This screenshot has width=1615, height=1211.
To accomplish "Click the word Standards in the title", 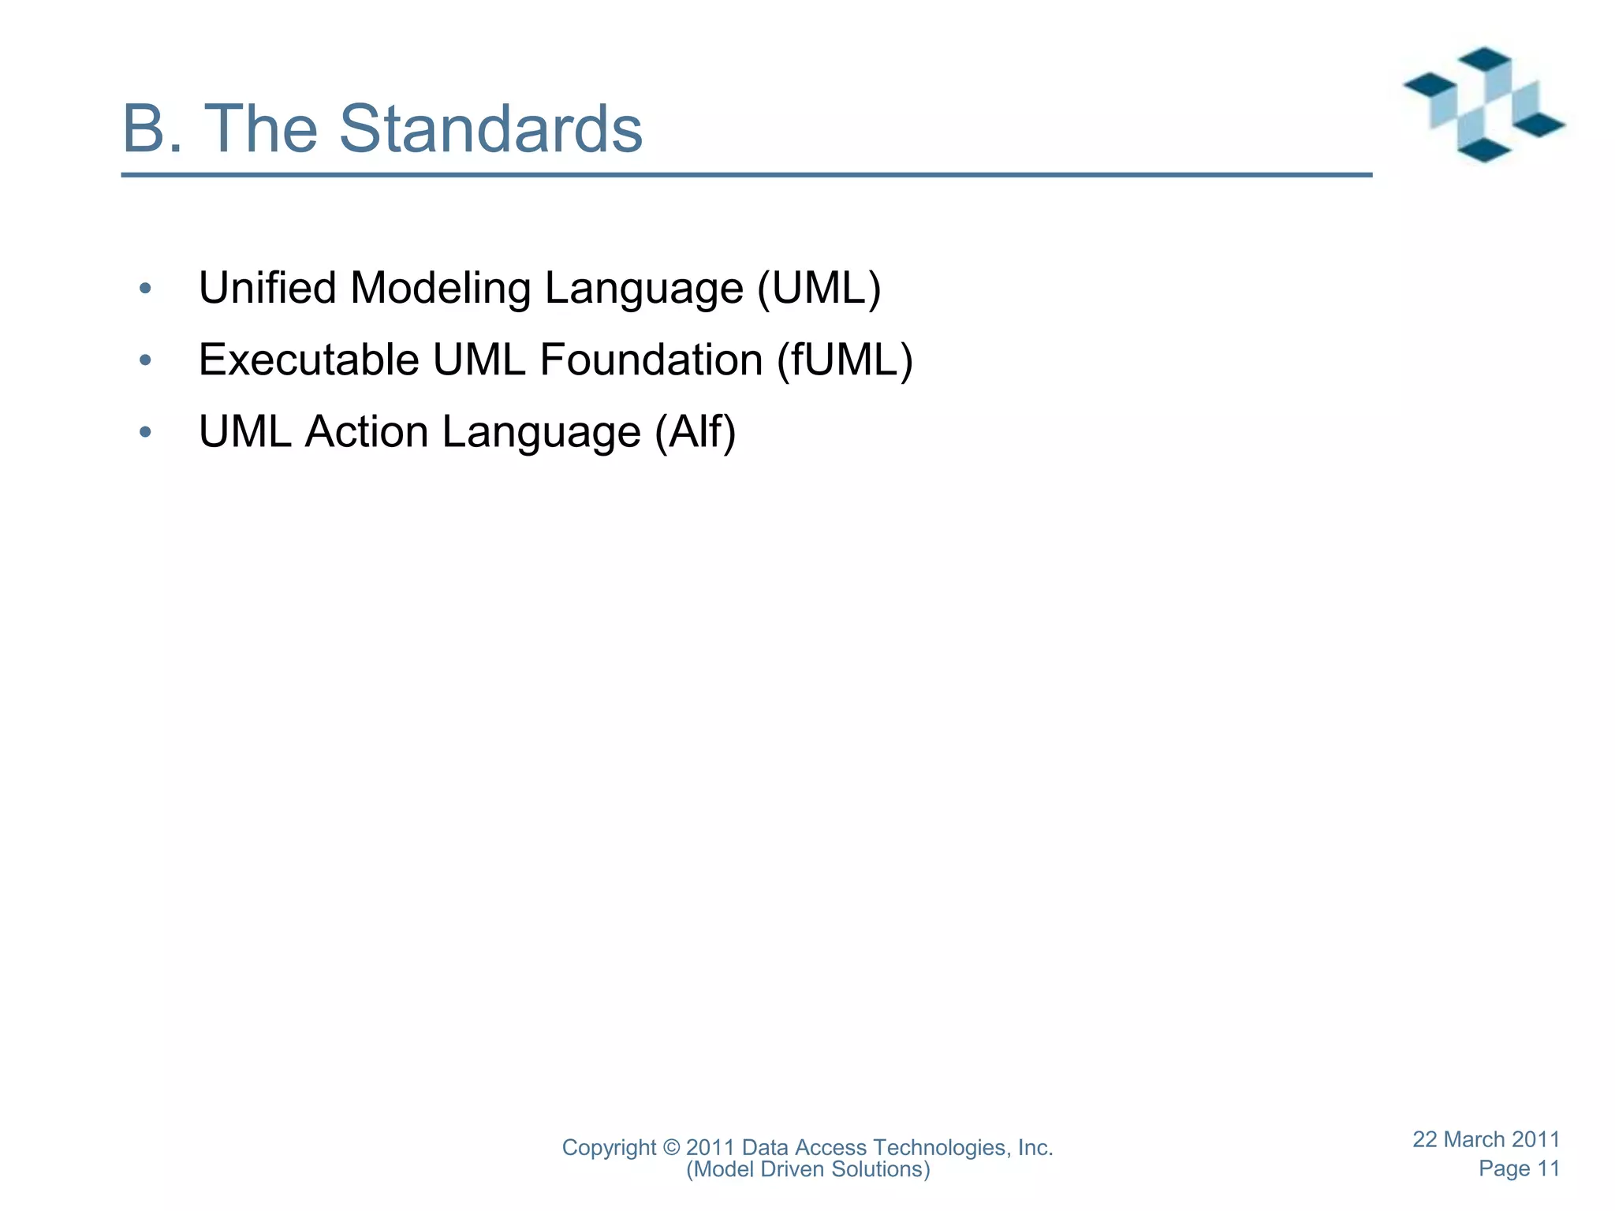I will pyautogui.click(x=490, y=129).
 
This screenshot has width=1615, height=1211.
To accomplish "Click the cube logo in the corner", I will pyautogui.click(x=1483, y=105).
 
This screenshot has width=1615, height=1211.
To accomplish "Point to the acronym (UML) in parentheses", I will pyautogui.click(x=819, y=288).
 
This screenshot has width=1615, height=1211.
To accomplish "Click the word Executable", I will pyautogui.click(x=308, y=360).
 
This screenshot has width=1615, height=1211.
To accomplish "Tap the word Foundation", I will pyautogui.click(x=651, y=360).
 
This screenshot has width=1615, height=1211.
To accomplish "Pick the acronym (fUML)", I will pyautogui.click(x=845, y=360).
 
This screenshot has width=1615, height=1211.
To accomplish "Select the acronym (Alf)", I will pyautogui.click(x=695, y=432).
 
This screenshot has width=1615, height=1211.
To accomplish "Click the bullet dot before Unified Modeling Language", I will pyautogui.click(x=144, y=289).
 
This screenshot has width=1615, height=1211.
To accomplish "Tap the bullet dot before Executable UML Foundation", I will pyautogui.click(x=144, y=361).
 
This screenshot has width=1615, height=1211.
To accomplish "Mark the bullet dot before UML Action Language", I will pyautogui.click(x=144, y=433).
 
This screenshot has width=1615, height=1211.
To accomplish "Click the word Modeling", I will pyautogui.click(x=441, y=288).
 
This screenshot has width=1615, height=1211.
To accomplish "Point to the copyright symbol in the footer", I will pyautogui.click(x=671, y=1148).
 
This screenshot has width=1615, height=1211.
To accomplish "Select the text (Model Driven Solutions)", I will pyautogui.click(x=807, y=1169).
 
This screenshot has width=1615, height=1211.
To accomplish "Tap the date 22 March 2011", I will pyautogui.click(x=1486, y=1139).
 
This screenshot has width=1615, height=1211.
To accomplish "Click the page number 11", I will pyautogui.click(x=1548, y=1168).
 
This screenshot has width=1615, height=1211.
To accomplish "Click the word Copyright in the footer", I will pyautogui.click(x=608, y=1148).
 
